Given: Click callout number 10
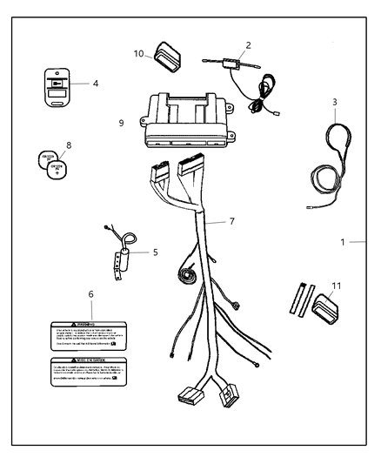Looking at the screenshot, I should click(x=138, y=53).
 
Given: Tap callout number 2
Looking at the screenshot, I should click(x=249, y=44).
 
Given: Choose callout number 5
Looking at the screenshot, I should click(x=154, y=252).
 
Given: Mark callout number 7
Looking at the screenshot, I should click(x=231, y=222).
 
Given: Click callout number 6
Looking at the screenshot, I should click(x=91, y=296).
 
